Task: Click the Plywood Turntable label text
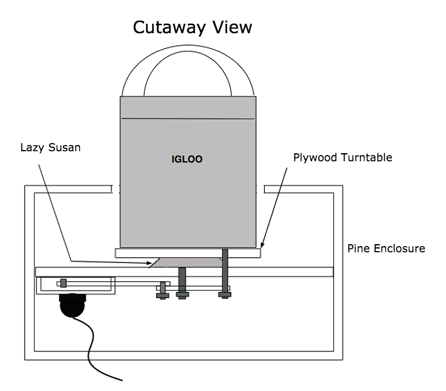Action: pyautogui.click(x=343, y=157)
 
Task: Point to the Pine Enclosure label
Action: pyautogui.click(x=386, y=249)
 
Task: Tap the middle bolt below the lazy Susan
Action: pyautogui.click(x=182, y=282)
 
